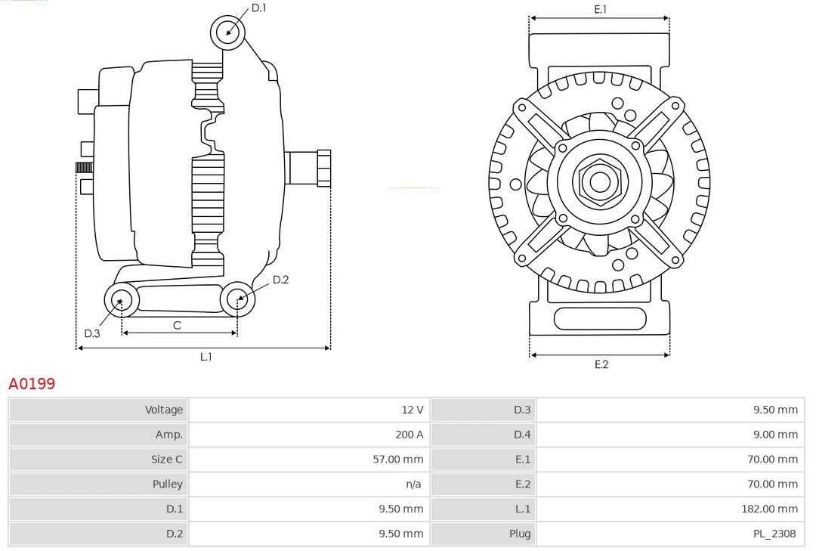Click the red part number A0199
point(32,384)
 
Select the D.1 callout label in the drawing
point(258,8)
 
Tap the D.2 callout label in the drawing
point(280,280)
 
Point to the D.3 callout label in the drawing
point(92,333)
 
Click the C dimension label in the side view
point(177,325)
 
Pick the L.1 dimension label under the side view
point(206,357)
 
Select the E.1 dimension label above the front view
point(601,10)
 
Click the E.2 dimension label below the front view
point(601,364)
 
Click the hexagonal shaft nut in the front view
point(600,181)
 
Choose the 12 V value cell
point(412,410)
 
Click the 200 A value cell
point(409,435)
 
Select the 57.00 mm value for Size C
point(397,459)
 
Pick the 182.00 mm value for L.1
point(769,509)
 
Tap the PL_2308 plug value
point(774,534)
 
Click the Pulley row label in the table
point(167,484)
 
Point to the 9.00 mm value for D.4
point(776,435)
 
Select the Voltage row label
point(164,410)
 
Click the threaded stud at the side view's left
point(84,167)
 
